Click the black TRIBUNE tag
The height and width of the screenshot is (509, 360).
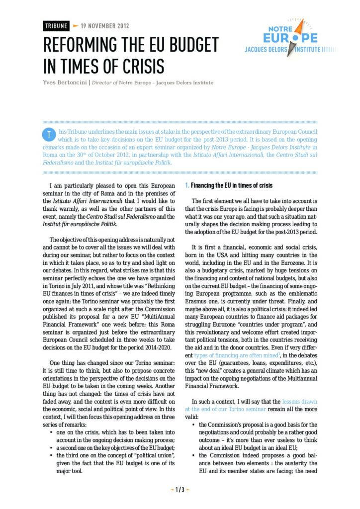coord(56,25)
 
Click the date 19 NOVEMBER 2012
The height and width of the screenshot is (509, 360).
coord(104,25)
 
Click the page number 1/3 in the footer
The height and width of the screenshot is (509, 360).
coord(180,490)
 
